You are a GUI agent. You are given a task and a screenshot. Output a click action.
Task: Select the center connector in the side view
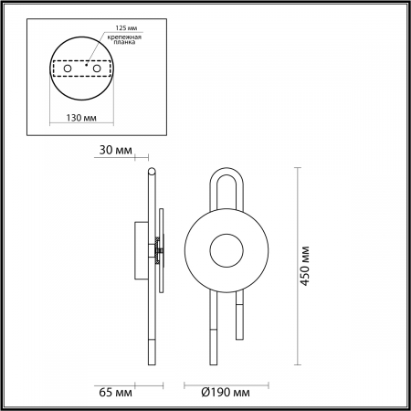tap(158, 248)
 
